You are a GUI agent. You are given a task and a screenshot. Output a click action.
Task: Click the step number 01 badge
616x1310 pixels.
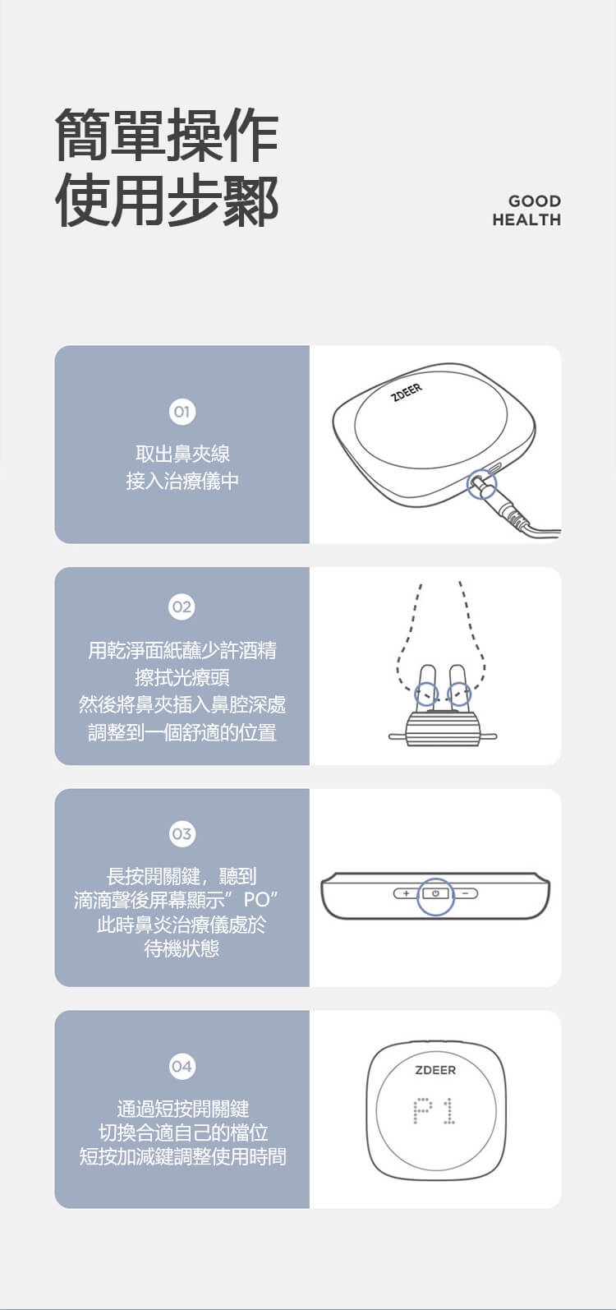(x=182, y=412)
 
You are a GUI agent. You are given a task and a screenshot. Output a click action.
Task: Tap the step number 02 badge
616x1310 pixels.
(x=182, y=607)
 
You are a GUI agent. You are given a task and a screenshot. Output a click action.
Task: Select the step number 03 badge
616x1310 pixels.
(x=182, y=833)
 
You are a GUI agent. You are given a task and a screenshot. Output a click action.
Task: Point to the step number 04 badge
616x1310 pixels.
(x=182, y=1066)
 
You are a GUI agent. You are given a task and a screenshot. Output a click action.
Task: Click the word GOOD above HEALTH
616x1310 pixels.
(x=535, y=201)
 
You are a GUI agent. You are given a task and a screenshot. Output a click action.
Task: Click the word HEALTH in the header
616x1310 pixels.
(x=526, y=220)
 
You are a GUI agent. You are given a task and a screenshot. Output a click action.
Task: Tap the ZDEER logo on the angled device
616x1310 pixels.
(x=407, y=393)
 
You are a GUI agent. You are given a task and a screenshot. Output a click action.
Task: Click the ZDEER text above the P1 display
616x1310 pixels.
(x=435, y=1070)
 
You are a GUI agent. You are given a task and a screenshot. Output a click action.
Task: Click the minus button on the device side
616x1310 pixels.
(x=466, y=893)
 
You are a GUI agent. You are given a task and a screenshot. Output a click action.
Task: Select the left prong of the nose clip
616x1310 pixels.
(x=426, y=687)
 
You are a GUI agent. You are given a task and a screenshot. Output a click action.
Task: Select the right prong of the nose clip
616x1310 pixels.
(x=457, y=687)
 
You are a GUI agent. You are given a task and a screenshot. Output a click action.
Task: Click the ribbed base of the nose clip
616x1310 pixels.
(x=443, y=729)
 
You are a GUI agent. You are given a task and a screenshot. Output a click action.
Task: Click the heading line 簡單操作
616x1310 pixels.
(x=167, y=136)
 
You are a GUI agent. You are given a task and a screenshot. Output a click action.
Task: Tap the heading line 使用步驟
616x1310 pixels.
(x=167, y=200)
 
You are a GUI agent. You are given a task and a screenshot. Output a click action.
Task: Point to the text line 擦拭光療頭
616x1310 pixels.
(x=182, y=677)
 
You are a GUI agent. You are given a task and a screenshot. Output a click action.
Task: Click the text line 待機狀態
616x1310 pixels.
(x=182, y=948)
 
